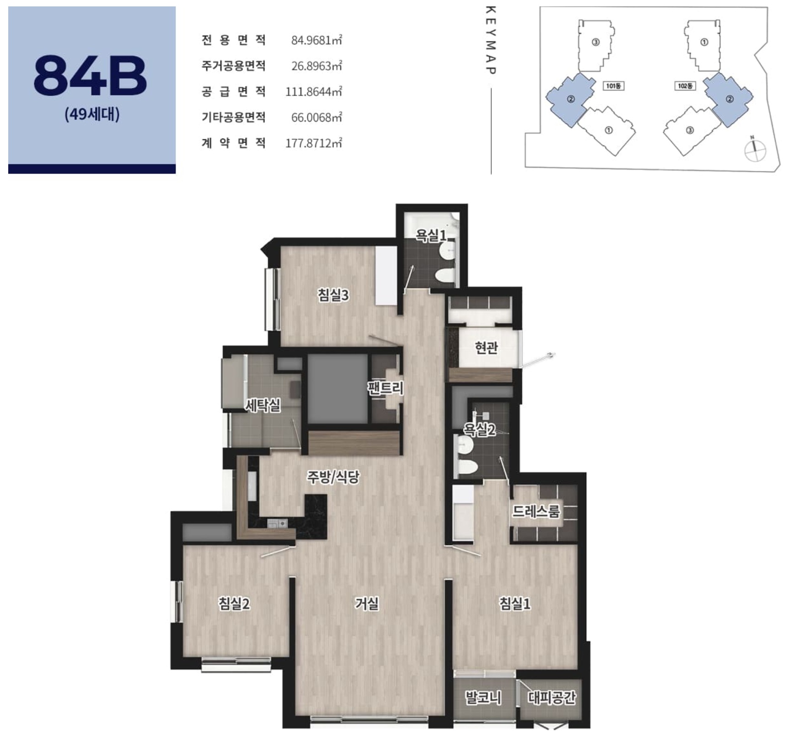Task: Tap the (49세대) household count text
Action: (92, 114)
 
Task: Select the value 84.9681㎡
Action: (316, 40)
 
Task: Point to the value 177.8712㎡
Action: (314, 143)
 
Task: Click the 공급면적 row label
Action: (233, 92)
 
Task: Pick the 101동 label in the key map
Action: (613, 86)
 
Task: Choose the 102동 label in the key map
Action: (685, 86)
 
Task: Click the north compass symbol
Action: (755, 149)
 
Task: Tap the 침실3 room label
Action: (333, 295)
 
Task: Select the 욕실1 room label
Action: (430, 236)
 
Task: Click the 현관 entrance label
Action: (486, 348)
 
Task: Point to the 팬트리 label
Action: (386, 388)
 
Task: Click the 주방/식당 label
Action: (333, 477)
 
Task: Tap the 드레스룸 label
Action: (536, 511)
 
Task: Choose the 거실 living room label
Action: (367, 604)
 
